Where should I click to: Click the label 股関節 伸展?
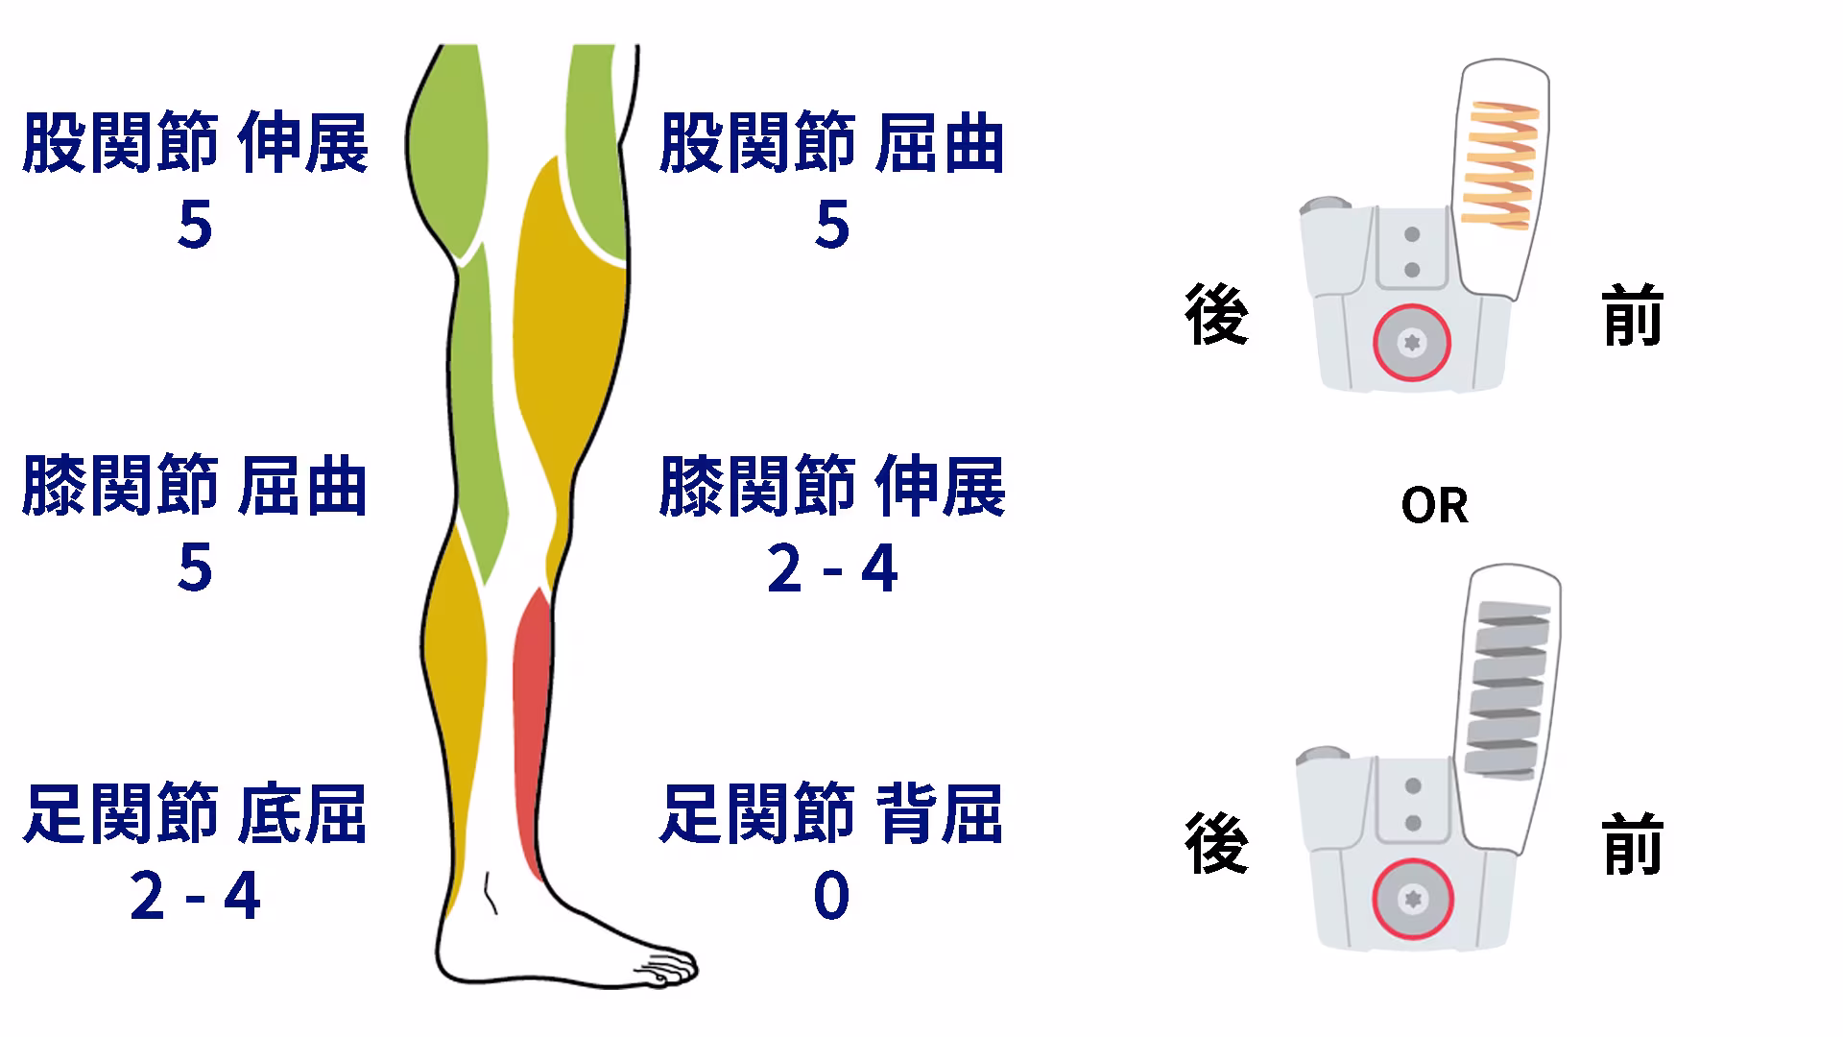click(x=195, y=143)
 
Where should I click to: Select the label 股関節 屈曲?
click(x=832, y=143)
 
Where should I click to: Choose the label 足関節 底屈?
click(x=195, y=813)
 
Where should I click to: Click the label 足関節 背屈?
click(x=832, y=813)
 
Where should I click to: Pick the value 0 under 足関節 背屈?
click(x=831, y=896)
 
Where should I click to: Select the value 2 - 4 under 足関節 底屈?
click(x=195, y=896)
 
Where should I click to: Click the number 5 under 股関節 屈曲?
click(x=832, y=226)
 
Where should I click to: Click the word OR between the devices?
click(x=1434, y=505)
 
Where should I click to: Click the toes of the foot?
click(x=667, y=966)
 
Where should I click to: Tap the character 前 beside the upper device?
click(x=1633, y=315)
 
